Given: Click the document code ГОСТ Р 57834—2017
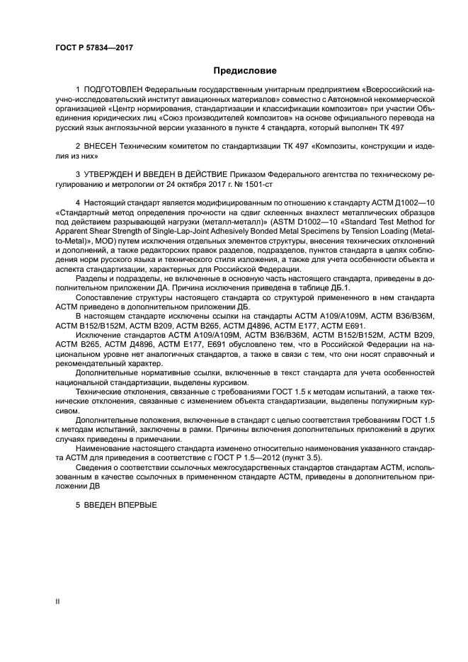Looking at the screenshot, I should tap(94, 48).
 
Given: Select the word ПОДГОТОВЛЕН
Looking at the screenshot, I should tap(113, 91).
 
